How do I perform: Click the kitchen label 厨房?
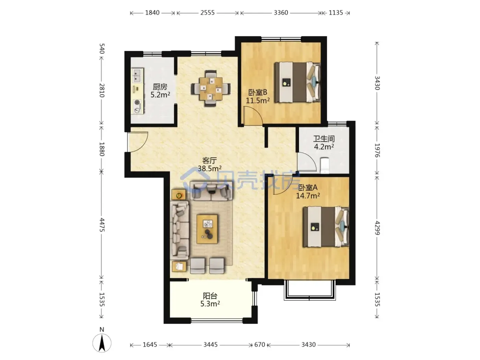point(160,87)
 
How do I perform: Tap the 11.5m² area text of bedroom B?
point(257,100)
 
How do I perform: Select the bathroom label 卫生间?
point(324,139)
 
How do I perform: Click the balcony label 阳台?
point(210,296)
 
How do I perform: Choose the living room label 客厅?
point(209,161)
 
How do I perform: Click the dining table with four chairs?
point(211,88)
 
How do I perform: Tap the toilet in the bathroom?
point(325,165)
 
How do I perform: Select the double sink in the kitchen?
point(137,75)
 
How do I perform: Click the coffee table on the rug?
point(207,229)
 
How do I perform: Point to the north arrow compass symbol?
point(102,343)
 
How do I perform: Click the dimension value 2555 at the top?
point(207,13)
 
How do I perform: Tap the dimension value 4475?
point(102,225)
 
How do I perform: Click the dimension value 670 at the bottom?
point(260,345)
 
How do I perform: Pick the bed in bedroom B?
point(298,82)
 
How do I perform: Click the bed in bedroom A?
point(326,227)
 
